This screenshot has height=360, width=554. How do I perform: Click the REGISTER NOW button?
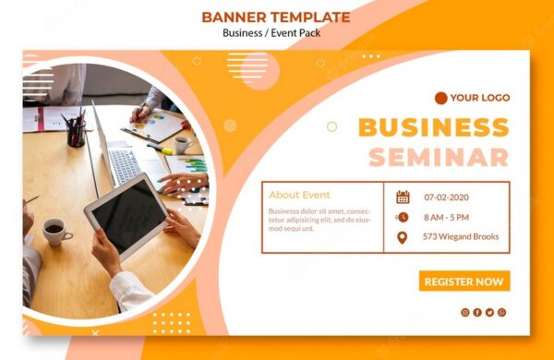coord(464,282)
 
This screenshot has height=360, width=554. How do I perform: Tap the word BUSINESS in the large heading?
coord(432,127)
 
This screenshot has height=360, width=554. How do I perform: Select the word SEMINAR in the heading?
coord(438,158)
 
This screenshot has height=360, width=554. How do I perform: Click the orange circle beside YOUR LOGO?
coord(440,98)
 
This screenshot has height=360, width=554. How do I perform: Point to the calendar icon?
coord(403,197)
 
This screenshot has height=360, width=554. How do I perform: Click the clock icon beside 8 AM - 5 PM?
coord(403,217)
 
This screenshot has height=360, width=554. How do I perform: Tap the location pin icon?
coord(403,237)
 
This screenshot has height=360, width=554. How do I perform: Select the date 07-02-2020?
coord(447,198)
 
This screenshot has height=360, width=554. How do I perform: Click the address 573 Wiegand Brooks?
coord(461,237)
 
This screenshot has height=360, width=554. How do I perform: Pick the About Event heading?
coord(299,195)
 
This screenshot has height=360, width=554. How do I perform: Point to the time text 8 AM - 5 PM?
coord(447,217)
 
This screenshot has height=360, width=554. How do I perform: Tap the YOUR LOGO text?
coord(479,98)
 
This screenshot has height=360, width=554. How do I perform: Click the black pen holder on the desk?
coord(76,135)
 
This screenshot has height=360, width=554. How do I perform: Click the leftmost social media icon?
coord(465,312)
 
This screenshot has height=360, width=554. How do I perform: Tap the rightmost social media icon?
coord(501,312)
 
